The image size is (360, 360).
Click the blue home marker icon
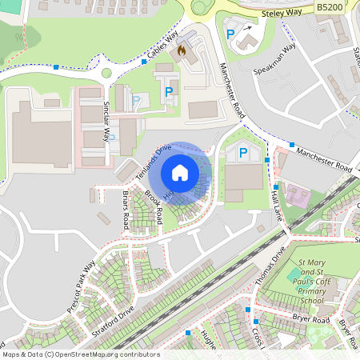point(180,172)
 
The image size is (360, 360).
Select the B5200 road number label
point(330,6)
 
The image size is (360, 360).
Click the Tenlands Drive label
point(154,162)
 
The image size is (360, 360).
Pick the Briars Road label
point(126,210)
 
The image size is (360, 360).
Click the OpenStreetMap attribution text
point(80,354)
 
